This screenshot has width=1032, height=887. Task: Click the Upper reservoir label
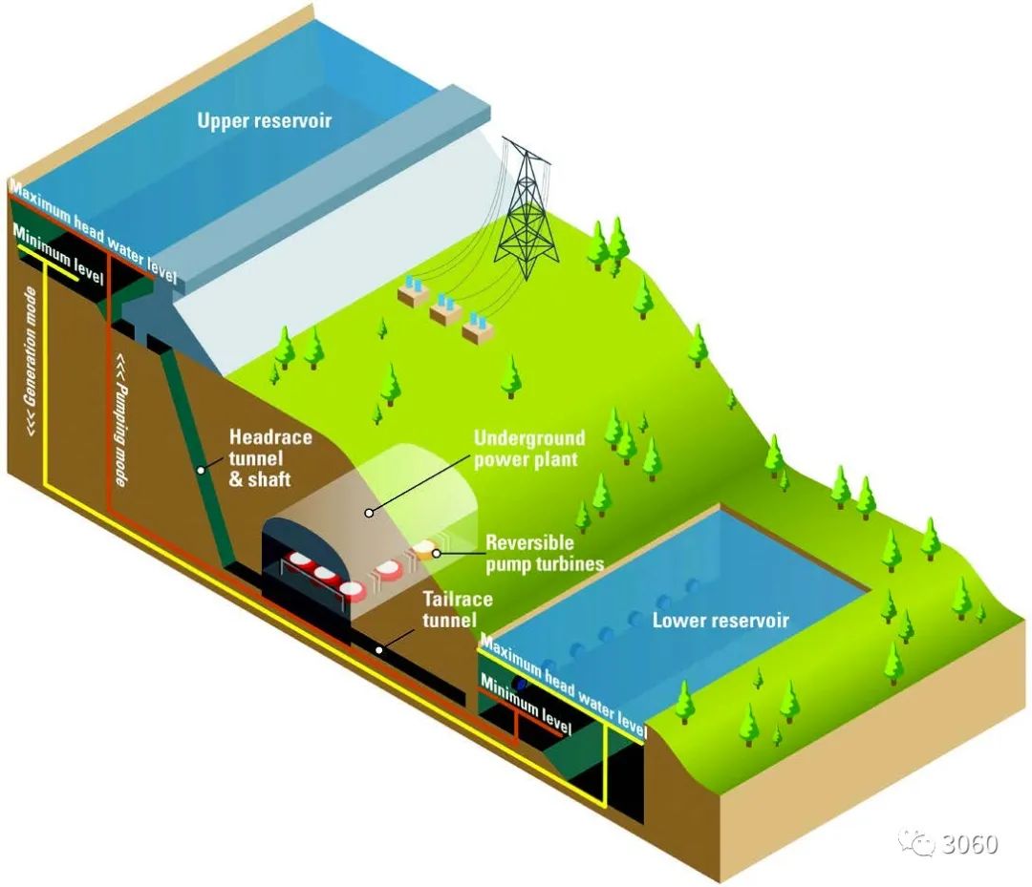(x=264, y=120)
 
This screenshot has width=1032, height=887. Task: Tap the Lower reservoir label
(x=720, y=620)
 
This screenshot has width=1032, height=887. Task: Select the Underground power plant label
(x=529, y=449)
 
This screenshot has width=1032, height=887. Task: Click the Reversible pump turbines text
(x=545, y=553)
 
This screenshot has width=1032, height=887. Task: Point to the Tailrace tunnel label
(x=458, y=609)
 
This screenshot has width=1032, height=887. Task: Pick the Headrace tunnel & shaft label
(x=269, y=457)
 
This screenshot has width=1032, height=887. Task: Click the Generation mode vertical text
(x=31, y=361)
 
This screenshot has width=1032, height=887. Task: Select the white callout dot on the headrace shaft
(x=200, y=470)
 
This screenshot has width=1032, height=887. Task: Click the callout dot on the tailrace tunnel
(x=379, y=650)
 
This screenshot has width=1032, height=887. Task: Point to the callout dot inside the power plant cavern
(x=369, y=512)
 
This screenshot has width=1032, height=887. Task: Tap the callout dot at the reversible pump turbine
(x=436, y=554)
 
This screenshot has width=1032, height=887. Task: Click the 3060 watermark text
(x=970, y=843)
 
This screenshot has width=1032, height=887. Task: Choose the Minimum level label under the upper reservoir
(x=58, y=255)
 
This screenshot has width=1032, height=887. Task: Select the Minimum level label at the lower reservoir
(x=526, y=705)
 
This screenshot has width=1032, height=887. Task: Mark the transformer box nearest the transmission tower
(x=479, y=328)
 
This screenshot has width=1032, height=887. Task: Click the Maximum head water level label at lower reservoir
(x=564, y=686)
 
